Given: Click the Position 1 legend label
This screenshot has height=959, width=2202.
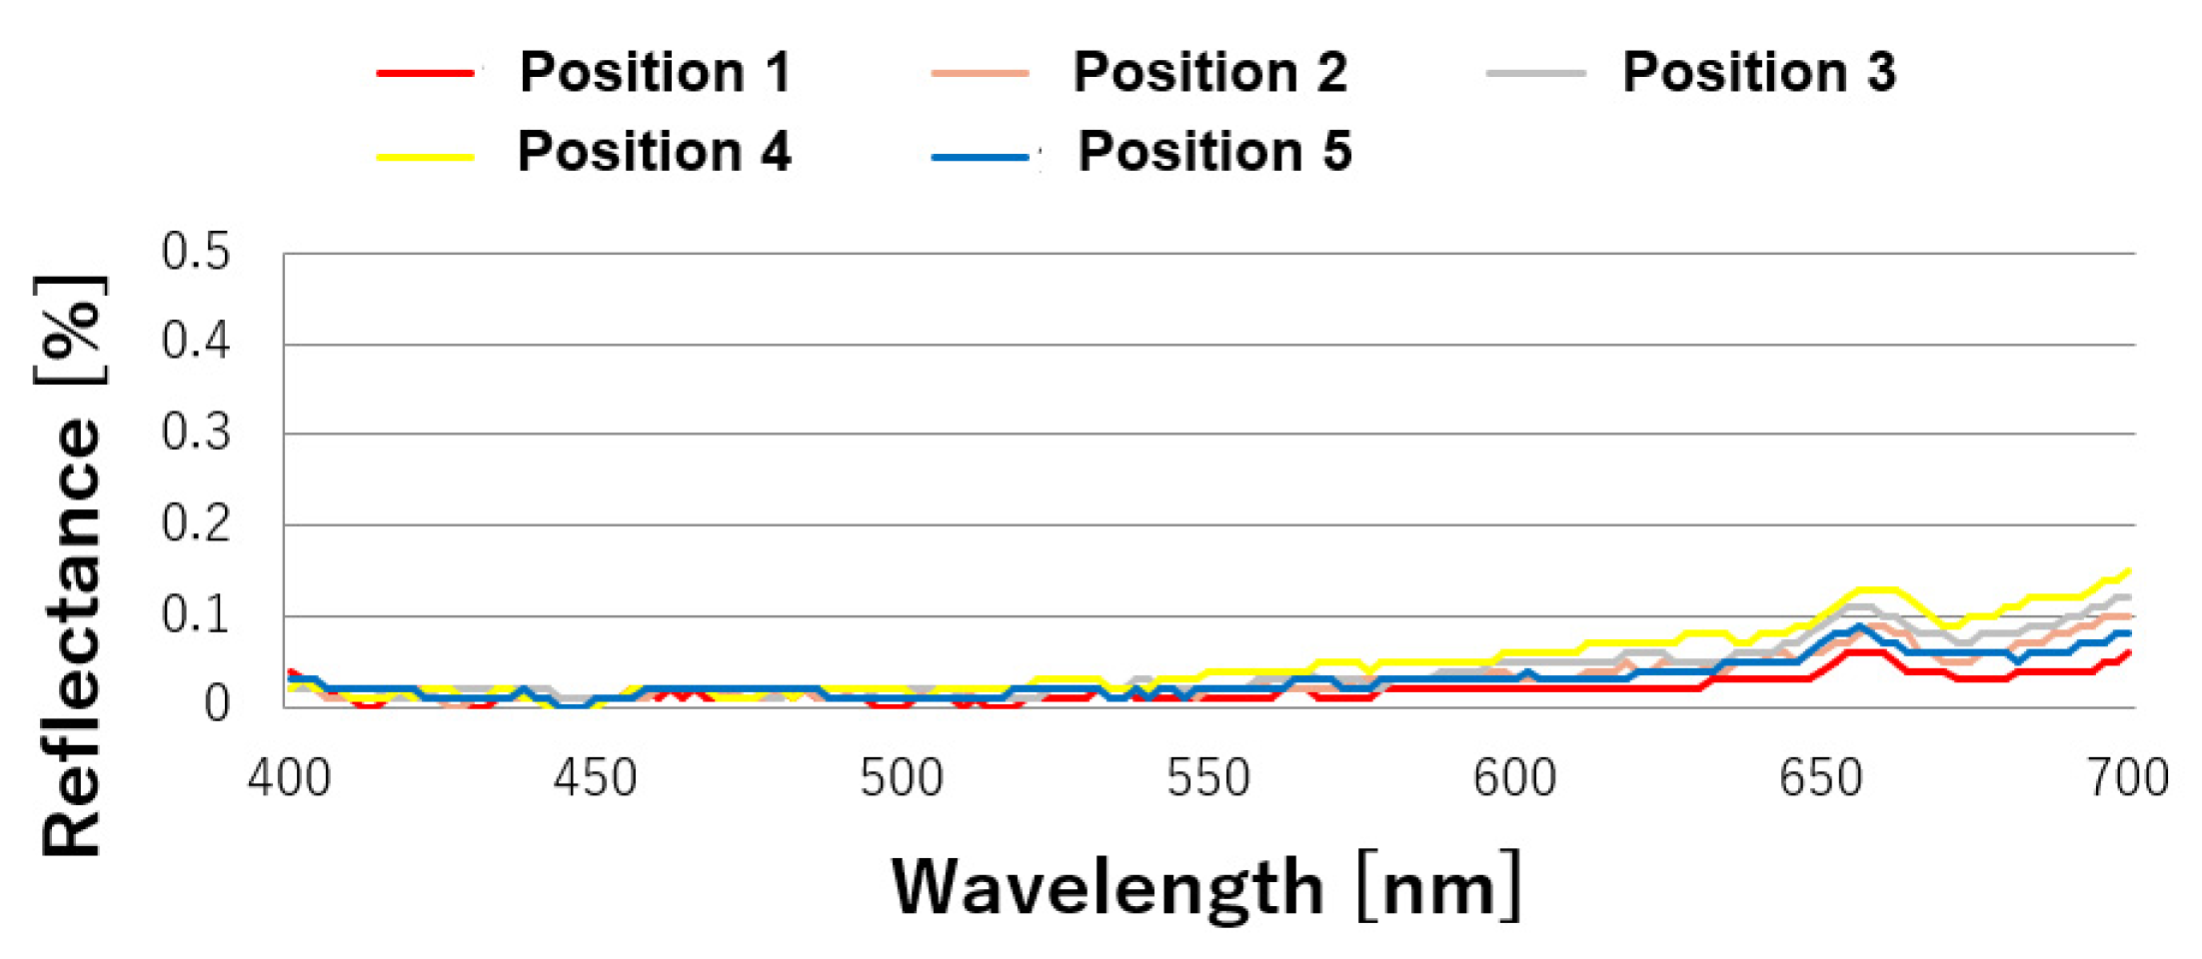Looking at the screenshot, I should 655,73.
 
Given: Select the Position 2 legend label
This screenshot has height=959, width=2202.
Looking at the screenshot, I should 1209,73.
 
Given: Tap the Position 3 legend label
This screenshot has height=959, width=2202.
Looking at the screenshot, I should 1758,73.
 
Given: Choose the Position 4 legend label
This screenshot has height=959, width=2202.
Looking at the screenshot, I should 654,152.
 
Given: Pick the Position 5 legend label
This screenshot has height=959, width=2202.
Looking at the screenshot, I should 1214,152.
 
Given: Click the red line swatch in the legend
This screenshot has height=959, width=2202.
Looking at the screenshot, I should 425,74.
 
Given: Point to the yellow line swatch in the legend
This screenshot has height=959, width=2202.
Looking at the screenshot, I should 425,157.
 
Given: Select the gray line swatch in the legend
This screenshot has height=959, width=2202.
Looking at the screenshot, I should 1535,74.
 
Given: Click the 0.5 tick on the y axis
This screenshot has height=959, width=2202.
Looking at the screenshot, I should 196,252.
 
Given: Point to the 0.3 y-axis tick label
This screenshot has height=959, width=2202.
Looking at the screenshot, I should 196,434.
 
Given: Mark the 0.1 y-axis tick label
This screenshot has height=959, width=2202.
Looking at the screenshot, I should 196,615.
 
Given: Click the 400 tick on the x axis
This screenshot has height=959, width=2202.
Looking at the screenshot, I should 289,778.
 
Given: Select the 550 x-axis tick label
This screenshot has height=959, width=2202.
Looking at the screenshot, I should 1208,778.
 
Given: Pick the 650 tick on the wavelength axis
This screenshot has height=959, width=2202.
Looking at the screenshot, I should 1821,778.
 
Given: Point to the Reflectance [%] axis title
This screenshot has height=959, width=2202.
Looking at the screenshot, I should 70,565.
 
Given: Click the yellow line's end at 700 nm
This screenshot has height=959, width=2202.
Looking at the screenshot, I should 2129,571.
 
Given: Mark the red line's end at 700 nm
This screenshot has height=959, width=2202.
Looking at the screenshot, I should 2129,653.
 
